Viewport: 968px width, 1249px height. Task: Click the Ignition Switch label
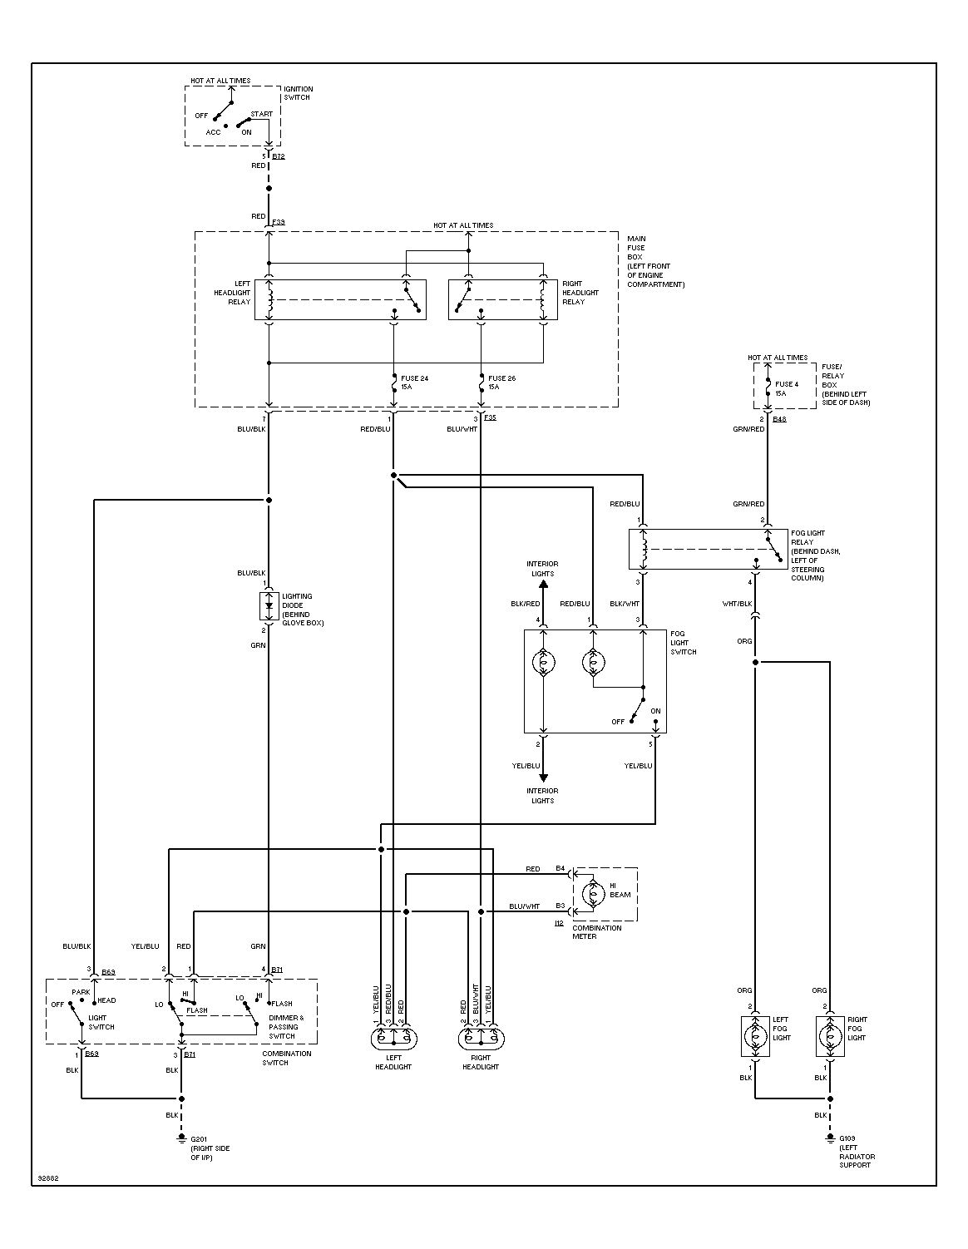[x=298, y=93]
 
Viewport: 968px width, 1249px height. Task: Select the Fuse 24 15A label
[x=414, y=383]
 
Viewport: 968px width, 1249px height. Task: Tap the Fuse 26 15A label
[x=501, y=383]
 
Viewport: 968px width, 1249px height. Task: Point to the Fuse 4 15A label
[x=787, y=388]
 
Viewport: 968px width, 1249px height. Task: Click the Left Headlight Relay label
[x=232, y=293]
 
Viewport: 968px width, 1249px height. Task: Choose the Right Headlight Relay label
[x=580, y=293]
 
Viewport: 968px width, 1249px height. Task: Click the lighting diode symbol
[x=269, y=605]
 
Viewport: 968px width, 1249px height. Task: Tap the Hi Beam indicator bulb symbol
[x=593, y=894]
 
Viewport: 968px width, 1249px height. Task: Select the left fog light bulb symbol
[x=755, y=1036]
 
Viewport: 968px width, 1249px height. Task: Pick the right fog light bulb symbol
[x=830, y=1036]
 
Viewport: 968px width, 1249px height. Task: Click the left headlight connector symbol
[x=393, y=1039]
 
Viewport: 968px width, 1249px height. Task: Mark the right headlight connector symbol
[x=482, y=1039]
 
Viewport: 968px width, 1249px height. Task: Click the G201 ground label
[x=198, y=1138]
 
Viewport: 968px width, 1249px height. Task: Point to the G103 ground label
[x=847, y=1138]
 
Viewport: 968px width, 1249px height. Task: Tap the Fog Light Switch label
[x=683, y=643]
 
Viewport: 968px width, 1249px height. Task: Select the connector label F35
[x=490, y=417]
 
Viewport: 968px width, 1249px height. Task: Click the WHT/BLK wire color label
[x=737, y=604]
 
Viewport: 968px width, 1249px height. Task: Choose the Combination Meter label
[x=596, y=931]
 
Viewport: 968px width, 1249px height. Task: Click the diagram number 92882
[x=48, y=1178]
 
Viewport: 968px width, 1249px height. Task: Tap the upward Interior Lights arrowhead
[x=543, y=584]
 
